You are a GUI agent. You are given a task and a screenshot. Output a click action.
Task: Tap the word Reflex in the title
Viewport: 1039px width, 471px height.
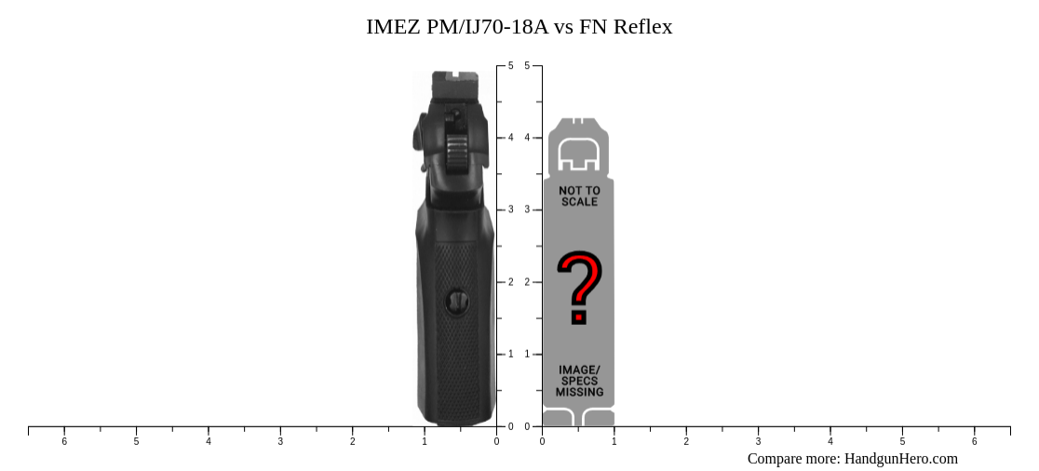pyautogui.click(x=642, y=27)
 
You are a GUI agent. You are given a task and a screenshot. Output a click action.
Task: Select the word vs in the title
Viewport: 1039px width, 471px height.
pyautogui.click(x=563, y=27)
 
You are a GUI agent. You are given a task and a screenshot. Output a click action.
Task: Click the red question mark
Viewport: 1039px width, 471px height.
pyautogui.click(x=579, y=287)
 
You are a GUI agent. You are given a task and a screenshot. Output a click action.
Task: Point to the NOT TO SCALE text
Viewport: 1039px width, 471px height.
pyautogui.click(x=579, y=195)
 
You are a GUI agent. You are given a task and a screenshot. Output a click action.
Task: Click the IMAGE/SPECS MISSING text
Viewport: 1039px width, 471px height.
pyautogui.click(x=579, y=381)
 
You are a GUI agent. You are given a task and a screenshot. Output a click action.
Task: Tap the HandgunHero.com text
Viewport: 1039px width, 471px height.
pyautogui.click(x=900, y=458)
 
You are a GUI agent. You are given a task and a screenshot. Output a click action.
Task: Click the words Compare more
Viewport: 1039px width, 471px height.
pyautogui.click(x=793, y=458)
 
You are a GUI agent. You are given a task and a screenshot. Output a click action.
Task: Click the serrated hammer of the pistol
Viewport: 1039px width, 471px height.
pyautogui.click(x=456, y=149)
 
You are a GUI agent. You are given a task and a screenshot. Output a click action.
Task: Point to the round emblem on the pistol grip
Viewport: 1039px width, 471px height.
pyautogui.click(x=457, y=301)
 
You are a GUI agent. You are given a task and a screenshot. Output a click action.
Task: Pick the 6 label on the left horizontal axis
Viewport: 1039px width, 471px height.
pyautogui.click(x=64, y=441)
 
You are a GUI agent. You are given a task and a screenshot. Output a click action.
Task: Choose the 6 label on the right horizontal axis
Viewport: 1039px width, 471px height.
pyautogui.click(x=975, y=441)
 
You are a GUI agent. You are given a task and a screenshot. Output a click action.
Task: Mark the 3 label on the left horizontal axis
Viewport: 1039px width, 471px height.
pyautogui.click(x=280, y=441)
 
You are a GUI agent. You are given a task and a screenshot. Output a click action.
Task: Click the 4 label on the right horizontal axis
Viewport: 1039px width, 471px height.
pyautogui.click(x=830, y=441)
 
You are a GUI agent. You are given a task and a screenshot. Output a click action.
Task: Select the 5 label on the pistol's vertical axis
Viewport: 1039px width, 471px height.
pyautogui.click(x=510, y=66)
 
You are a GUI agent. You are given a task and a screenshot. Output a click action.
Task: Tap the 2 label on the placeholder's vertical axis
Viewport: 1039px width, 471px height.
pyautogui.click(x=527, y=282)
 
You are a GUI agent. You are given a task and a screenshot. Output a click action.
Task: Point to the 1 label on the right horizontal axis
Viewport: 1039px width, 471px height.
pyautogui.click(x=614, y=441)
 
